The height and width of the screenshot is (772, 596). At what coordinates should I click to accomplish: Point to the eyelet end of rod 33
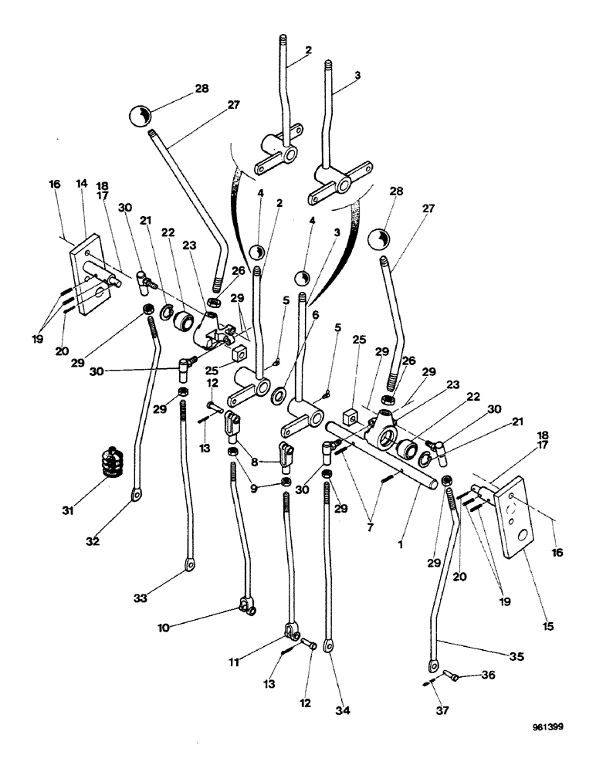(188, 571)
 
